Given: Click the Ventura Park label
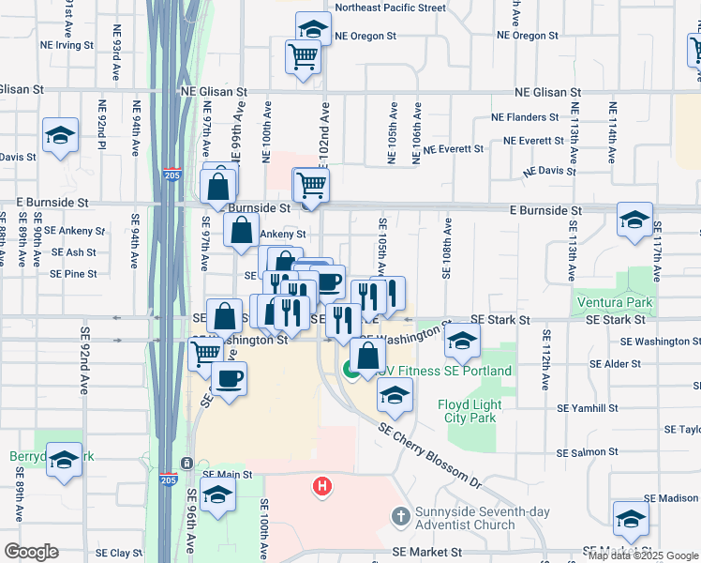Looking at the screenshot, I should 615,303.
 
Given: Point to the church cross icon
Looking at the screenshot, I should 400,515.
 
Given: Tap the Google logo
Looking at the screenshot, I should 31,552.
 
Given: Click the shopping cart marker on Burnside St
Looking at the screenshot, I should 312,185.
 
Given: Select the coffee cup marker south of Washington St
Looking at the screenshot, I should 228,378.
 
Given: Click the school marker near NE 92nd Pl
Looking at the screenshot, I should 60,137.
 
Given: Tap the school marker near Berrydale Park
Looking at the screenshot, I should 64,461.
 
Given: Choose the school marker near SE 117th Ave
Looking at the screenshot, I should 634,221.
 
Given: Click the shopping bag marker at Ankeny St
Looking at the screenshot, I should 242,229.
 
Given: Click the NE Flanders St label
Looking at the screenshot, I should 525,117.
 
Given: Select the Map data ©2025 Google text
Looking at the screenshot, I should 644,555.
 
